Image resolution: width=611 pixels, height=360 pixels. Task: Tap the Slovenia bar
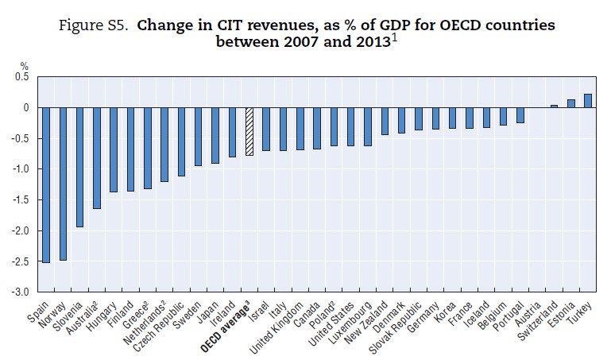[x=79, y=167]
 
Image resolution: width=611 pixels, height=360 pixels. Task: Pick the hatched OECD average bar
[x=249, y=131]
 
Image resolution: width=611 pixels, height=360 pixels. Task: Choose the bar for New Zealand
[x=385, y=121]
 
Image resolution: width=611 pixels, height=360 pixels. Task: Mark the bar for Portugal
[x=520, y=115]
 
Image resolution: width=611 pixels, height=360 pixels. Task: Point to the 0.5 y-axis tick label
[x=21, y=76]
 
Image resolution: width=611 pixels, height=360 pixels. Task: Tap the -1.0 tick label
[x=18, y=169]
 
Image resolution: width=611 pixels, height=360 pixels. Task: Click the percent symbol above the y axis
[x=24, y=66]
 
